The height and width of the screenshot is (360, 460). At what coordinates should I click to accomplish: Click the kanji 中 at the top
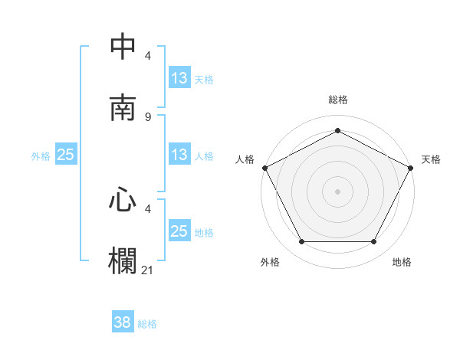(123, 47)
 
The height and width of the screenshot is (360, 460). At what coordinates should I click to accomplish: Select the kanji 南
(123, 107)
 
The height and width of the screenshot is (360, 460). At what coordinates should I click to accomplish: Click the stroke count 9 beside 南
(148, 116)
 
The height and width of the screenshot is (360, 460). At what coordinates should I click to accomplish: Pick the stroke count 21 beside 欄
(148, 270)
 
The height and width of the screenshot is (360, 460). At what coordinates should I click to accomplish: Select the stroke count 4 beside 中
(148, 56)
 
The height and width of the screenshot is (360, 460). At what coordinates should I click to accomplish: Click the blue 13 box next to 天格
(179, 77)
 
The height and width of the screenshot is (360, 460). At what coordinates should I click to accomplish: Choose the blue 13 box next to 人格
(179, 155)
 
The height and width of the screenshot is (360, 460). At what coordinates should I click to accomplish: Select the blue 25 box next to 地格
(179, 231)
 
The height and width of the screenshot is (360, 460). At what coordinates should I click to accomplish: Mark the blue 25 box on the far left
(66, 155)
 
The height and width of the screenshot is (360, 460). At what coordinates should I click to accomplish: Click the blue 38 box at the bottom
(123, 322)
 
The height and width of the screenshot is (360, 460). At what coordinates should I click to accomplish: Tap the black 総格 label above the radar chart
(337, 100)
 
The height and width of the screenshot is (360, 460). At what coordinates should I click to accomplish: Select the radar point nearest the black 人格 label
(264, 167)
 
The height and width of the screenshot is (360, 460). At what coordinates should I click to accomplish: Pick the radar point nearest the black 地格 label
(373, 241)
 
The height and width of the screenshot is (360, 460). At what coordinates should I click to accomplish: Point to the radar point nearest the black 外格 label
(301, 241)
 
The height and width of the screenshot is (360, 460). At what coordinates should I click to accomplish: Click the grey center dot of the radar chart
(337, 191)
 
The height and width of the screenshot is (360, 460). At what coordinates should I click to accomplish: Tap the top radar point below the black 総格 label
(337, 131)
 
